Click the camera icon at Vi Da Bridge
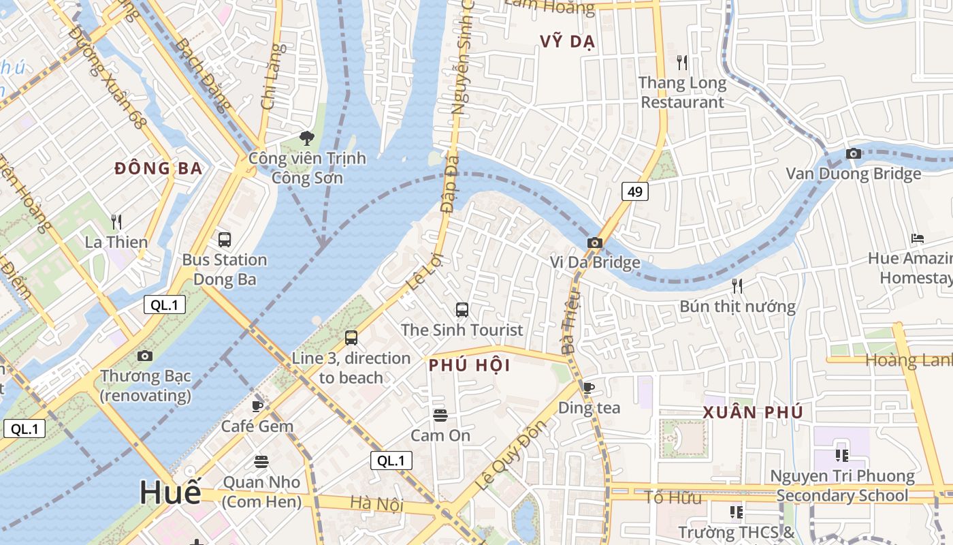(595, 243)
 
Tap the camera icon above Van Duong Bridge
(854, 154)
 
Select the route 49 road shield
(634, 192)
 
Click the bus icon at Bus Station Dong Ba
(225, 240)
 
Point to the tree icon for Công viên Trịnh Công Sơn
(307, 138)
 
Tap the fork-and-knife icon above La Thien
(116, 222)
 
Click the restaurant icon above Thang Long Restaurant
(682, 63)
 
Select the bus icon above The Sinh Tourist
(462, 310)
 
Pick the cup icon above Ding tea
(589, 388)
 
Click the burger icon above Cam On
(440, 415)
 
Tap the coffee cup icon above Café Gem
(257, 406)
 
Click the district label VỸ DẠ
(568, 42)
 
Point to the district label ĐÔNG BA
(159, 168)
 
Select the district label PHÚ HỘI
(470, 366)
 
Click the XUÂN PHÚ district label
(753, 412)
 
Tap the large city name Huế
(171, 493)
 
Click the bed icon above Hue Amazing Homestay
(918, 238)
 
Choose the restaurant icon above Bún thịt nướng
(737, 285)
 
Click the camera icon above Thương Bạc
(145, 356)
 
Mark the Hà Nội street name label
(376, 505)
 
